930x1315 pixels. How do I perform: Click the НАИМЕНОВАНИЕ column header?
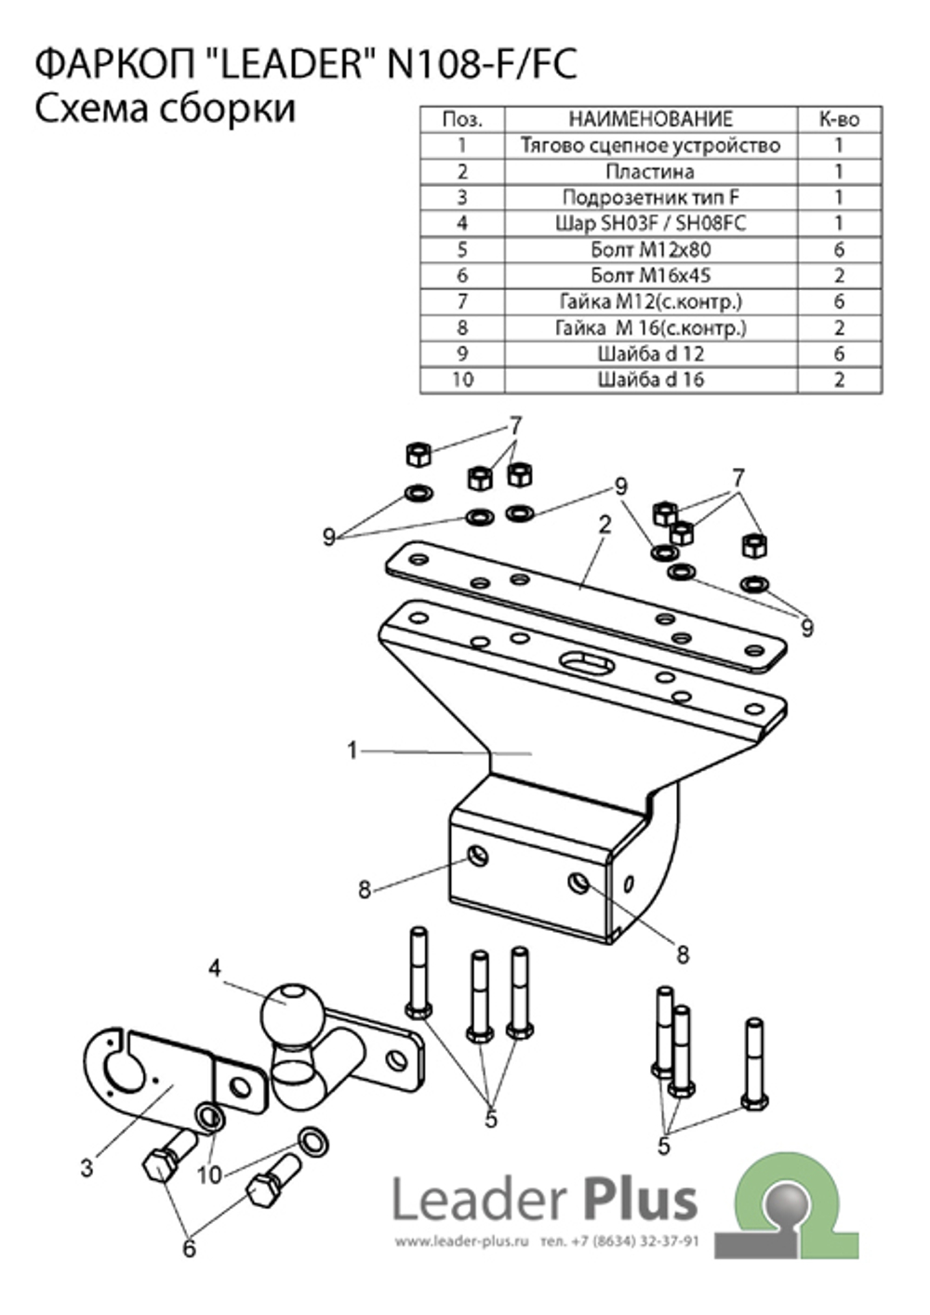pos(650,119)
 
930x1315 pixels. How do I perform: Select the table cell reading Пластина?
pos(650,171)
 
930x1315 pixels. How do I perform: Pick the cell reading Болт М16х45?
pos(650,275)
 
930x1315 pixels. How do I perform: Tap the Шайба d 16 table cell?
pos(650,379)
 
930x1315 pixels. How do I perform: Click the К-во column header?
pos(840,119)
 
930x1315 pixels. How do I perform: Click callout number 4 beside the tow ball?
pos(215,968)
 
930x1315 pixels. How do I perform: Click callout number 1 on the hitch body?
pos(352,750)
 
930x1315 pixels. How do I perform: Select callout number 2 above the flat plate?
pos(605,525)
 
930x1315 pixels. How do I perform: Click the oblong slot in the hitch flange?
pos(587,661)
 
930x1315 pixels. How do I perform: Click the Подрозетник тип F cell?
pos(650,197)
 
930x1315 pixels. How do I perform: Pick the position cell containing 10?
pos(462,379)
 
